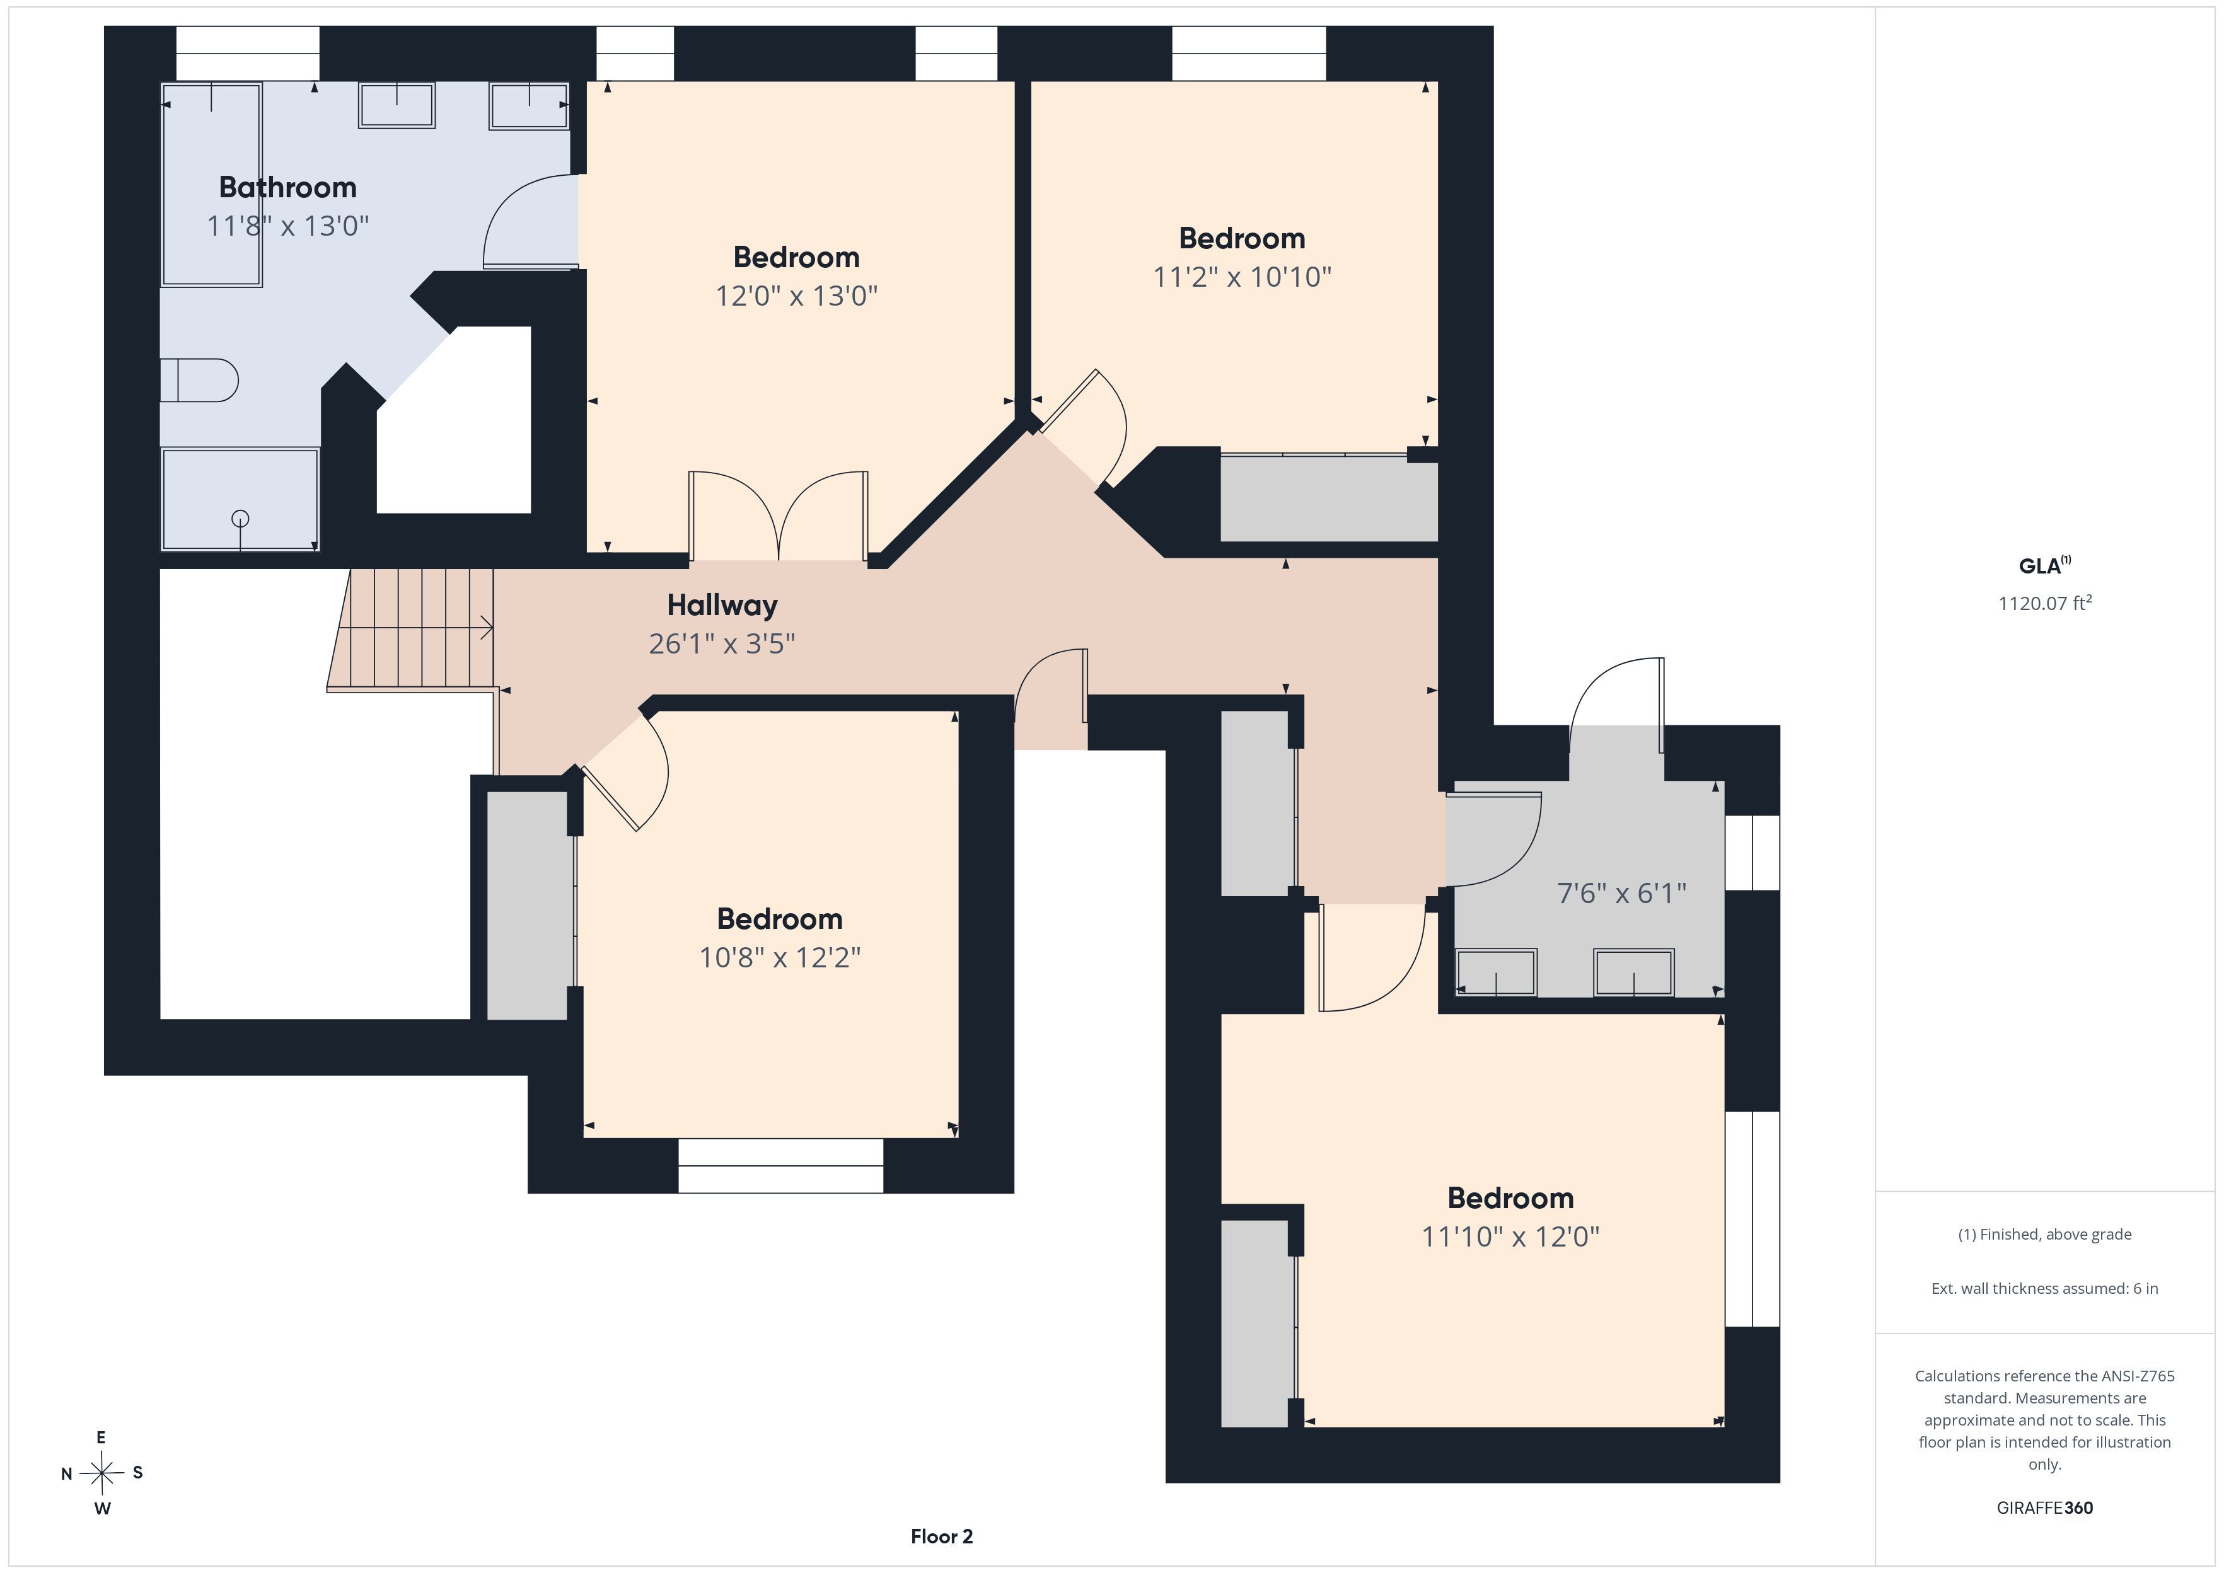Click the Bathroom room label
[x=287, y=187]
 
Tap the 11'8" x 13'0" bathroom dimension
[x=287, y=226]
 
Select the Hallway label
[x=722, y=606]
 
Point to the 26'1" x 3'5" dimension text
[x=722, y=644]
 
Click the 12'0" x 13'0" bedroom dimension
[x=796, y=296]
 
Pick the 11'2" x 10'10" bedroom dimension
[x=1242, y=277]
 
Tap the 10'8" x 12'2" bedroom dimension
[x=780, y=958]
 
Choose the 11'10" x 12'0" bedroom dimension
[x=1510, y=1237]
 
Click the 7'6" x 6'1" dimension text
[x=1621, y=893]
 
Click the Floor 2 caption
[x=942, y=1536]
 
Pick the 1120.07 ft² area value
[x=2045, y=602]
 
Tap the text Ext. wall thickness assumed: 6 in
[x=2045, y=1288]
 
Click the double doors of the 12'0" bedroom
[x=778, y=516]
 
